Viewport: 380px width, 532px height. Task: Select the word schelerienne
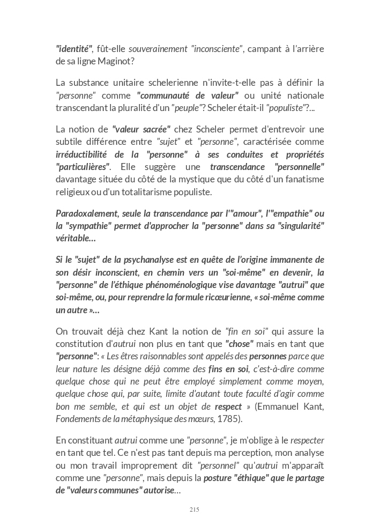[x=166, y=83]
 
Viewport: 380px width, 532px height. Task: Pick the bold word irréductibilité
[x=85, y=154]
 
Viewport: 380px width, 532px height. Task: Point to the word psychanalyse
[x=161, y=260]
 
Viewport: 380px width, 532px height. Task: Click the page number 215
[x=194, y=509]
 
